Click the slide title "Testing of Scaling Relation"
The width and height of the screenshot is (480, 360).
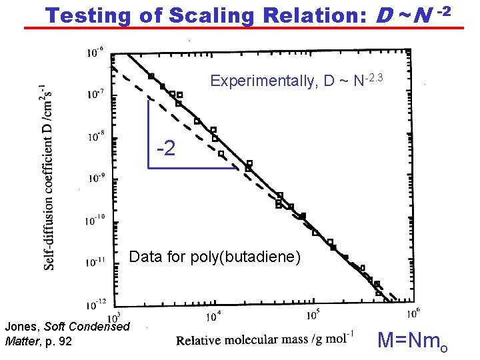[200, 14]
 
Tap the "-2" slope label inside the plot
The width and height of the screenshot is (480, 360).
[165, 147]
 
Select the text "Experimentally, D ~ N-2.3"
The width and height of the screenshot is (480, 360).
[296, 81]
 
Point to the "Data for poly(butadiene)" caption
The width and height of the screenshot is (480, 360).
[215, 257]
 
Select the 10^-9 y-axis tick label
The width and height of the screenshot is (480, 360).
[95, 178]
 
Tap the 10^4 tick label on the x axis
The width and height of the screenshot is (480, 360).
[214, 315]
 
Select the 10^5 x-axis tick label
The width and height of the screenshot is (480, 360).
[313, 314]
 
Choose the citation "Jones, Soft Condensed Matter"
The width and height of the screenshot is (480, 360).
[67, 333]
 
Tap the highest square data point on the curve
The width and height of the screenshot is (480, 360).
[151, 76]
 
